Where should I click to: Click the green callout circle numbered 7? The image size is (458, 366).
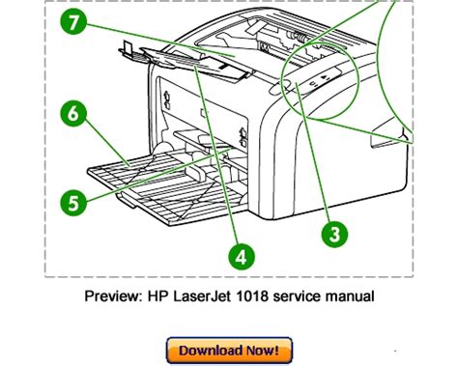click(73, 22)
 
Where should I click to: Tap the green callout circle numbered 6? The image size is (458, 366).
click(73, 113)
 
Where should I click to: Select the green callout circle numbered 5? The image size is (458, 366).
click(73, 203)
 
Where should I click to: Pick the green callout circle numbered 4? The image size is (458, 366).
click(242, 257)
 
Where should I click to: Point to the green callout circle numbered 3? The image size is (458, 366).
click(334, 234)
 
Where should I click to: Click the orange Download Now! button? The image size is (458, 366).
click(229, 351)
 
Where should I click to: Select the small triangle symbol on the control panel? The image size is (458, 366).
click(325, 77)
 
